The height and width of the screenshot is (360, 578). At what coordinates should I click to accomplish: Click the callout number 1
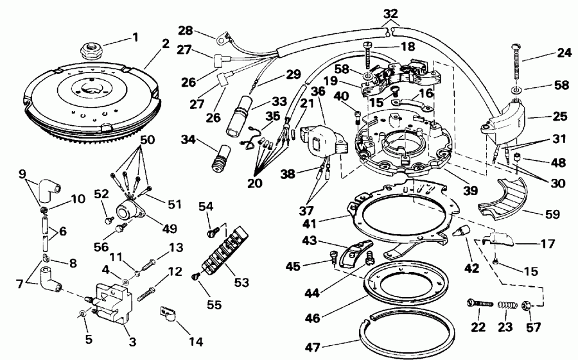[x=134, y=37]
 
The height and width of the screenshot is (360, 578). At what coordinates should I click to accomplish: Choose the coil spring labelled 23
[x=508, y=306]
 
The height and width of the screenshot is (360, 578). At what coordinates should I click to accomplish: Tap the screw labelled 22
[x=479, y=304]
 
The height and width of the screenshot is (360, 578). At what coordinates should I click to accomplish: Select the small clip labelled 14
[x=168, y=314]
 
